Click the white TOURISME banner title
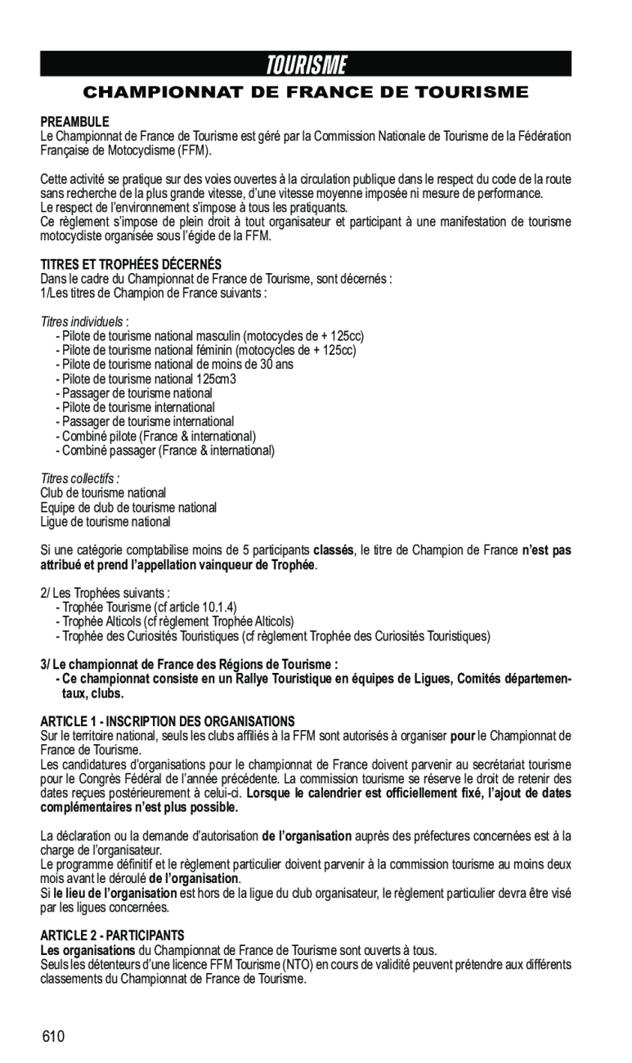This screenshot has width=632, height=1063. point(307,65)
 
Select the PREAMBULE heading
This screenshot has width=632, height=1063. point(75,122)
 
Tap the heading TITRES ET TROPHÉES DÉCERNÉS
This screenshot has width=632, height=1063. point(131,265)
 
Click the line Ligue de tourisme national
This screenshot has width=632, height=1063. point(105,522)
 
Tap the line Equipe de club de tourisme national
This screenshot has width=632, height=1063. point(128,507)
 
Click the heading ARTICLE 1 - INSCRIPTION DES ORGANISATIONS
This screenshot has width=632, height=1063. point(168,721)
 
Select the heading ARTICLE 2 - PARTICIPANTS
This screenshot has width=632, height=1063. point(113,935)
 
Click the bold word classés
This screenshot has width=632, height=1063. point(333,550)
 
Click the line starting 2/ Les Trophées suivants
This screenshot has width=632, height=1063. point(105,593)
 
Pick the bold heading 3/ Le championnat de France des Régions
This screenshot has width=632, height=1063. point(189,664)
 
